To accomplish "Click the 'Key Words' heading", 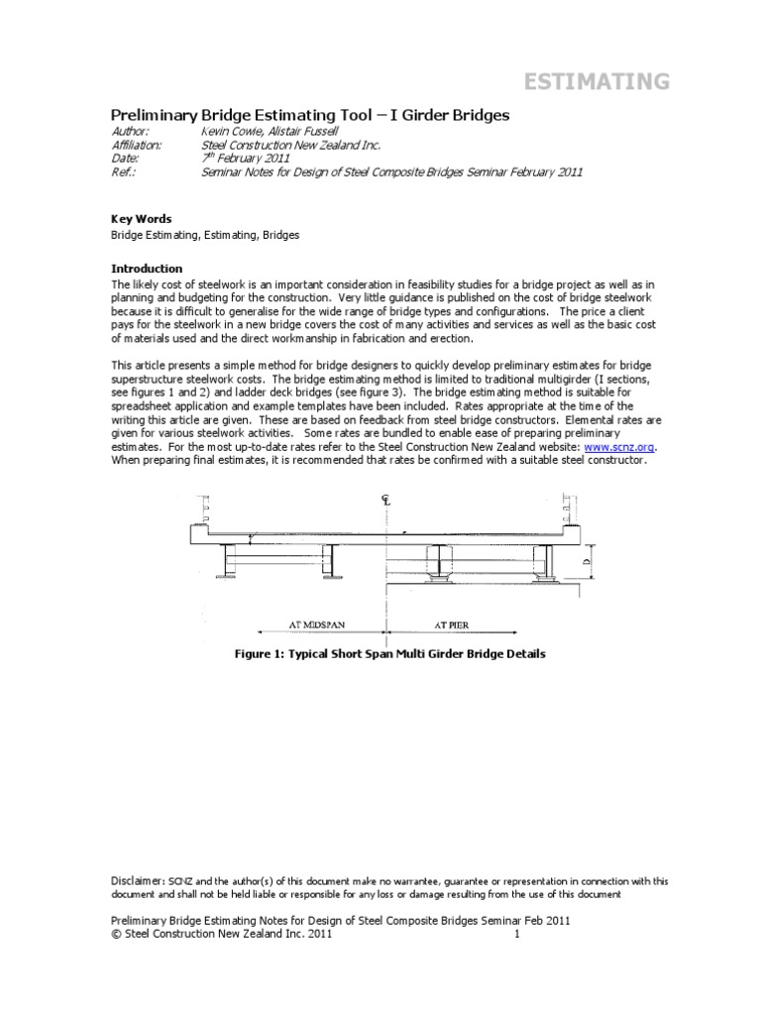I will click(140, 219).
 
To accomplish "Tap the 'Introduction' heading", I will click(146, 268).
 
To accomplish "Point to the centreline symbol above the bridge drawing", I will click(385, 500).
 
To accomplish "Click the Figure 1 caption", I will click(385, 654).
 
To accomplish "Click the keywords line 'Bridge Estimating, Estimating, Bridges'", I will click(203, 236).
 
